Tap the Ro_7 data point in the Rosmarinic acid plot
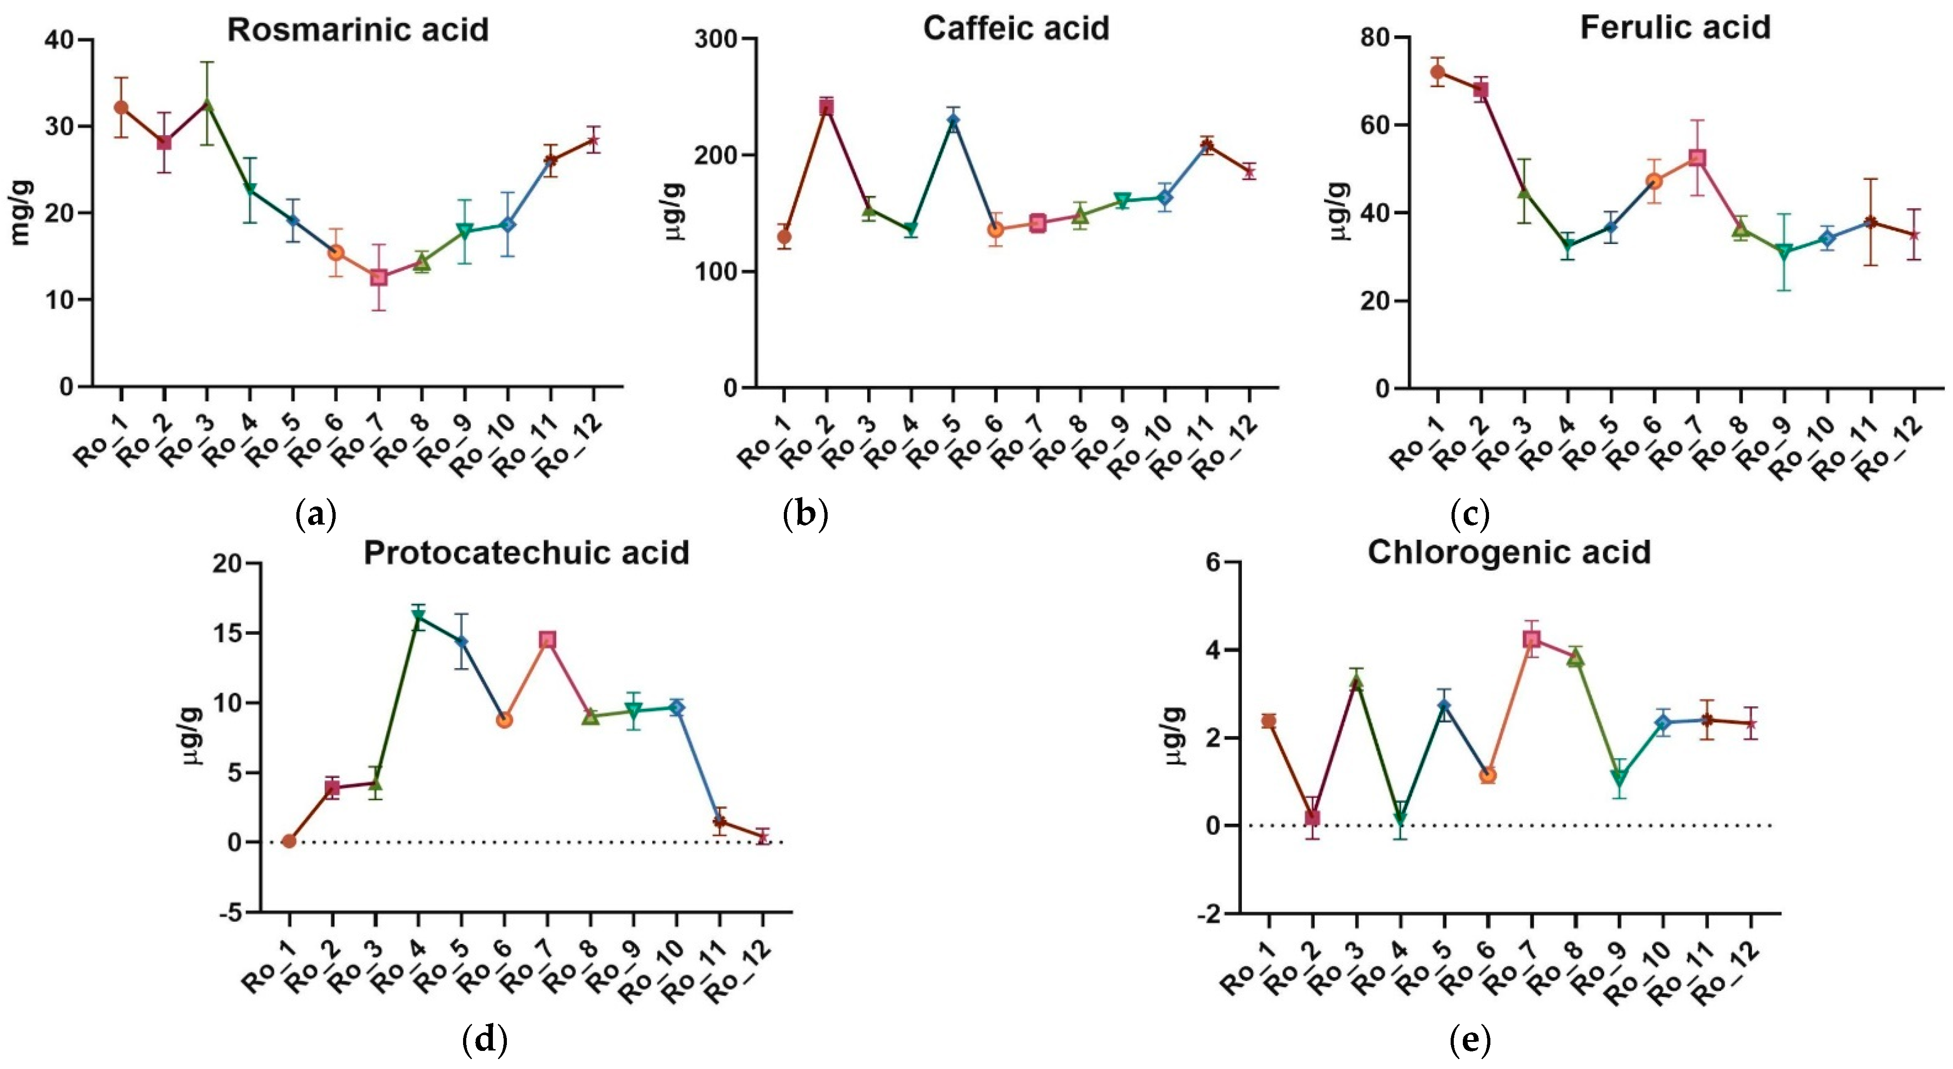(x=378, y=277)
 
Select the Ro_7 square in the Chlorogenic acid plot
(x=1531, y=639)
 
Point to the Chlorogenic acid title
(x=1509, y=553)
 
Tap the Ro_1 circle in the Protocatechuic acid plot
(x=289, y=841)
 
